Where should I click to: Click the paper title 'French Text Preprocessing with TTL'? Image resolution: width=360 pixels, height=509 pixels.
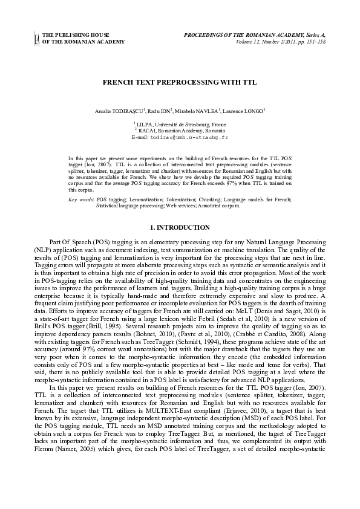click(180, 80)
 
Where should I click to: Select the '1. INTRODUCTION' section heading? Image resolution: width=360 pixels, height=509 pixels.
click(180, 227)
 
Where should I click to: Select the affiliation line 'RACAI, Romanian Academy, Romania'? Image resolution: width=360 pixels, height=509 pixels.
click(180, 131)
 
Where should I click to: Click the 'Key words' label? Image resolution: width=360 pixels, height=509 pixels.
click(80, 199)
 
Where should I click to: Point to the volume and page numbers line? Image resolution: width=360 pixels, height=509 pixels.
click(278, 42)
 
